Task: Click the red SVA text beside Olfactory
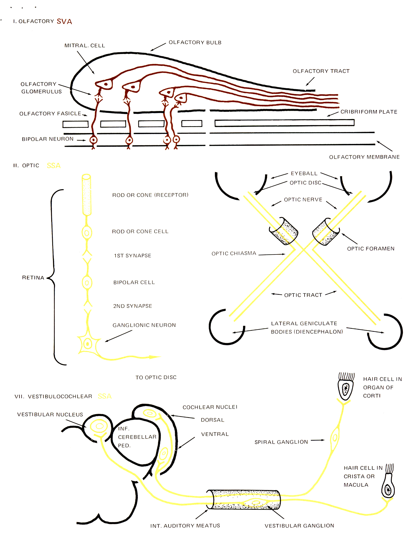pos(64,22)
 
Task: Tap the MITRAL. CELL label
pos(85,46)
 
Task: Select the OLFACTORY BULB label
pos(195,43)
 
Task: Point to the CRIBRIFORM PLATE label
pos(369,112)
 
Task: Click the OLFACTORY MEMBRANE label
pos(364,157)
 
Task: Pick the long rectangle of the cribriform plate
pos(284,123)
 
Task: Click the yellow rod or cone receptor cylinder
pos(86,195)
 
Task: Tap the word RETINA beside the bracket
pos(33,278)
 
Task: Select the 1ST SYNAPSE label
pos(133,256)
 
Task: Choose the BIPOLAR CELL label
pos(134,283)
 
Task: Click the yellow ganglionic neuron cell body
pos(87,344)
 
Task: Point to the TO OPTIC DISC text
pos(156,377)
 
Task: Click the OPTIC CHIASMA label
pos(234,253)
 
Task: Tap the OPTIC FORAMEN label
pos(371,249)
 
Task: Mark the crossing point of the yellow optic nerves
pos(303,250)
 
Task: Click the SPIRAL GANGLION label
pos(281,442)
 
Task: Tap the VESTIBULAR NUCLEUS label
pos(50,415)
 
